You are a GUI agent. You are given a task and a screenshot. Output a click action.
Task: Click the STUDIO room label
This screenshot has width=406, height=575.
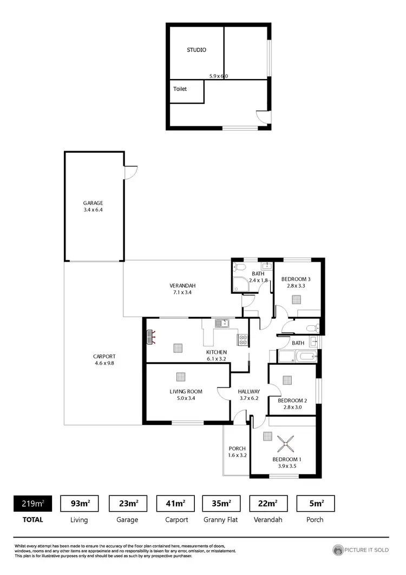click(x=197, y=50)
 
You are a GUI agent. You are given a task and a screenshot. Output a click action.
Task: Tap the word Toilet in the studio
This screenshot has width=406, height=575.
click(x=180, y=89)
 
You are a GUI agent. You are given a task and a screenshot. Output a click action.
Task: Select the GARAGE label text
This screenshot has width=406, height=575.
click(x=93, y=203)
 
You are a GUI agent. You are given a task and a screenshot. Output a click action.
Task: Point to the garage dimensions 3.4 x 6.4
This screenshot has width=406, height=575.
click(x=93, y=210)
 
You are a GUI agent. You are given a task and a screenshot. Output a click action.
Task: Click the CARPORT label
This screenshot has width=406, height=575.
click(x=104, y=356)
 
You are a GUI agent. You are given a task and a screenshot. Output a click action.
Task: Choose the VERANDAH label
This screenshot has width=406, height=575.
click(x=182, y=286)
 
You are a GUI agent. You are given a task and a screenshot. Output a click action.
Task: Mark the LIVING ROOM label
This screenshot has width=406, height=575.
click(x=186, y=391)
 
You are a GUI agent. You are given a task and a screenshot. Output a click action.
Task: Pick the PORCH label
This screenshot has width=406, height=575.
click(x=237, y=448)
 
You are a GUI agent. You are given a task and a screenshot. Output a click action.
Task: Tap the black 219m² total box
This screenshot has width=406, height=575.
click(x=32, y=503)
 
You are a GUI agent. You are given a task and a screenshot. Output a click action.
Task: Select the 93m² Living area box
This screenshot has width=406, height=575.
click(x=81, y=503)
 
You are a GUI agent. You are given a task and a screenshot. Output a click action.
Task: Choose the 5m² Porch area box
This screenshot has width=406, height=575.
click(x=315, y=503)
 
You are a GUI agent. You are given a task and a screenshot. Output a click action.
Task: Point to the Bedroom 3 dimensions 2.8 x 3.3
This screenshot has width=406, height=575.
click(x=296, y=286)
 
